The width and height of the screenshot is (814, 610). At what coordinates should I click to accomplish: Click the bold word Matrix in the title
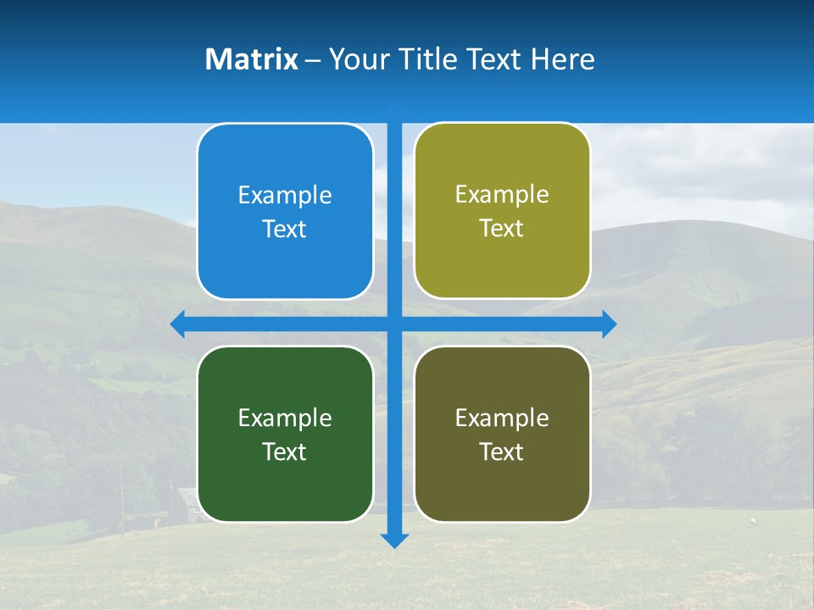(252, 59)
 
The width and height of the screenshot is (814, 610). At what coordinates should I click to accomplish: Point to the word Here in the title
(563, 59)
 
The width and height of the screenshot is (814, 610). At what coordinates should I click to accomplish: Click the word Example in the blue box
(285, 196)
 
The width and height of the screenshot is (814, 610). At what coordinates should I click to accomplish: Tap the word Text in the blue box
(285, 230)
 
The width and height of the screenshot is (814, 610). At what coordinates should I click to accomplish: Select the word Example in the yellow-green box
(502, 195)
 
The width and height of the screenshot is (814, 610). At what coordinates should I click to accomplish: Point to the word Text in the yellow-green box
(502, 229)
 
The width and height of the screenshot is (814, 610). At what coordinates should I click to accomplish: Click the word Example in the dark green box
(285, 418)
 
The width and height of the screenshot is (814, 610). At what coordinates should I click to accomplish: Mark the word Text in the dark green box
(285, 452)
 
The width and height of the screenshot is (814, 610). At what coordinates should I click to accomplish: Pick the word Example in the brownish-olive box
(502, 418)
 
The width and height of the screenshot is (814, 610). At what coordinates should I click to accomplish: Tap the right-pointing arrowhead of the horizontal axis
(609, 324)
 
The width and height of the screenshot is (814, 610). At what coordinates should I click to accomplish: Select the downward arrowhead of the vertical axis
(394, 540)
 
